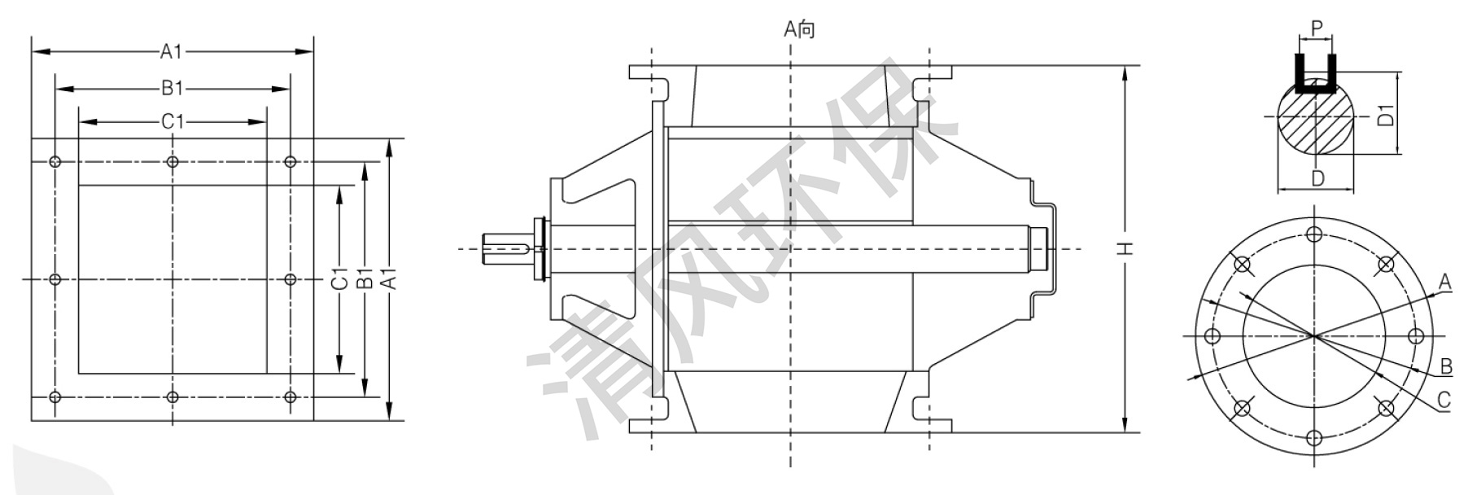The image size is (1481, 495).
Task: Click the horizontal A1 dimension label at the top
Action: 171,52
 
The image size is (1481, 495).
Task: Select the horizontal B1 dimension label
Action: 172,87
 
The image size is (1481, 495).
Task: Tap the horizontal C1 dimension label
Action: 173,122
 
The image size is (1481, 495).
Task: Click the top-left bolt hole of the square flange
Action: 55,162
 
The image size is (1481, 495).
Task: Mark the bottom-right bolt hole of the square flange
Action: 291,397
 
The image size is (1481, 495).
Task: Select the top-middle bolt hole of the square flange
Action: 173,162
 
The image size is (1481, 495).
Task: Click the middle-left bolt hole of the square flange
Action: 55,279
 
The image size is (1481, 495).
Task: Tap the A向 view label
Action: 799,30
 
